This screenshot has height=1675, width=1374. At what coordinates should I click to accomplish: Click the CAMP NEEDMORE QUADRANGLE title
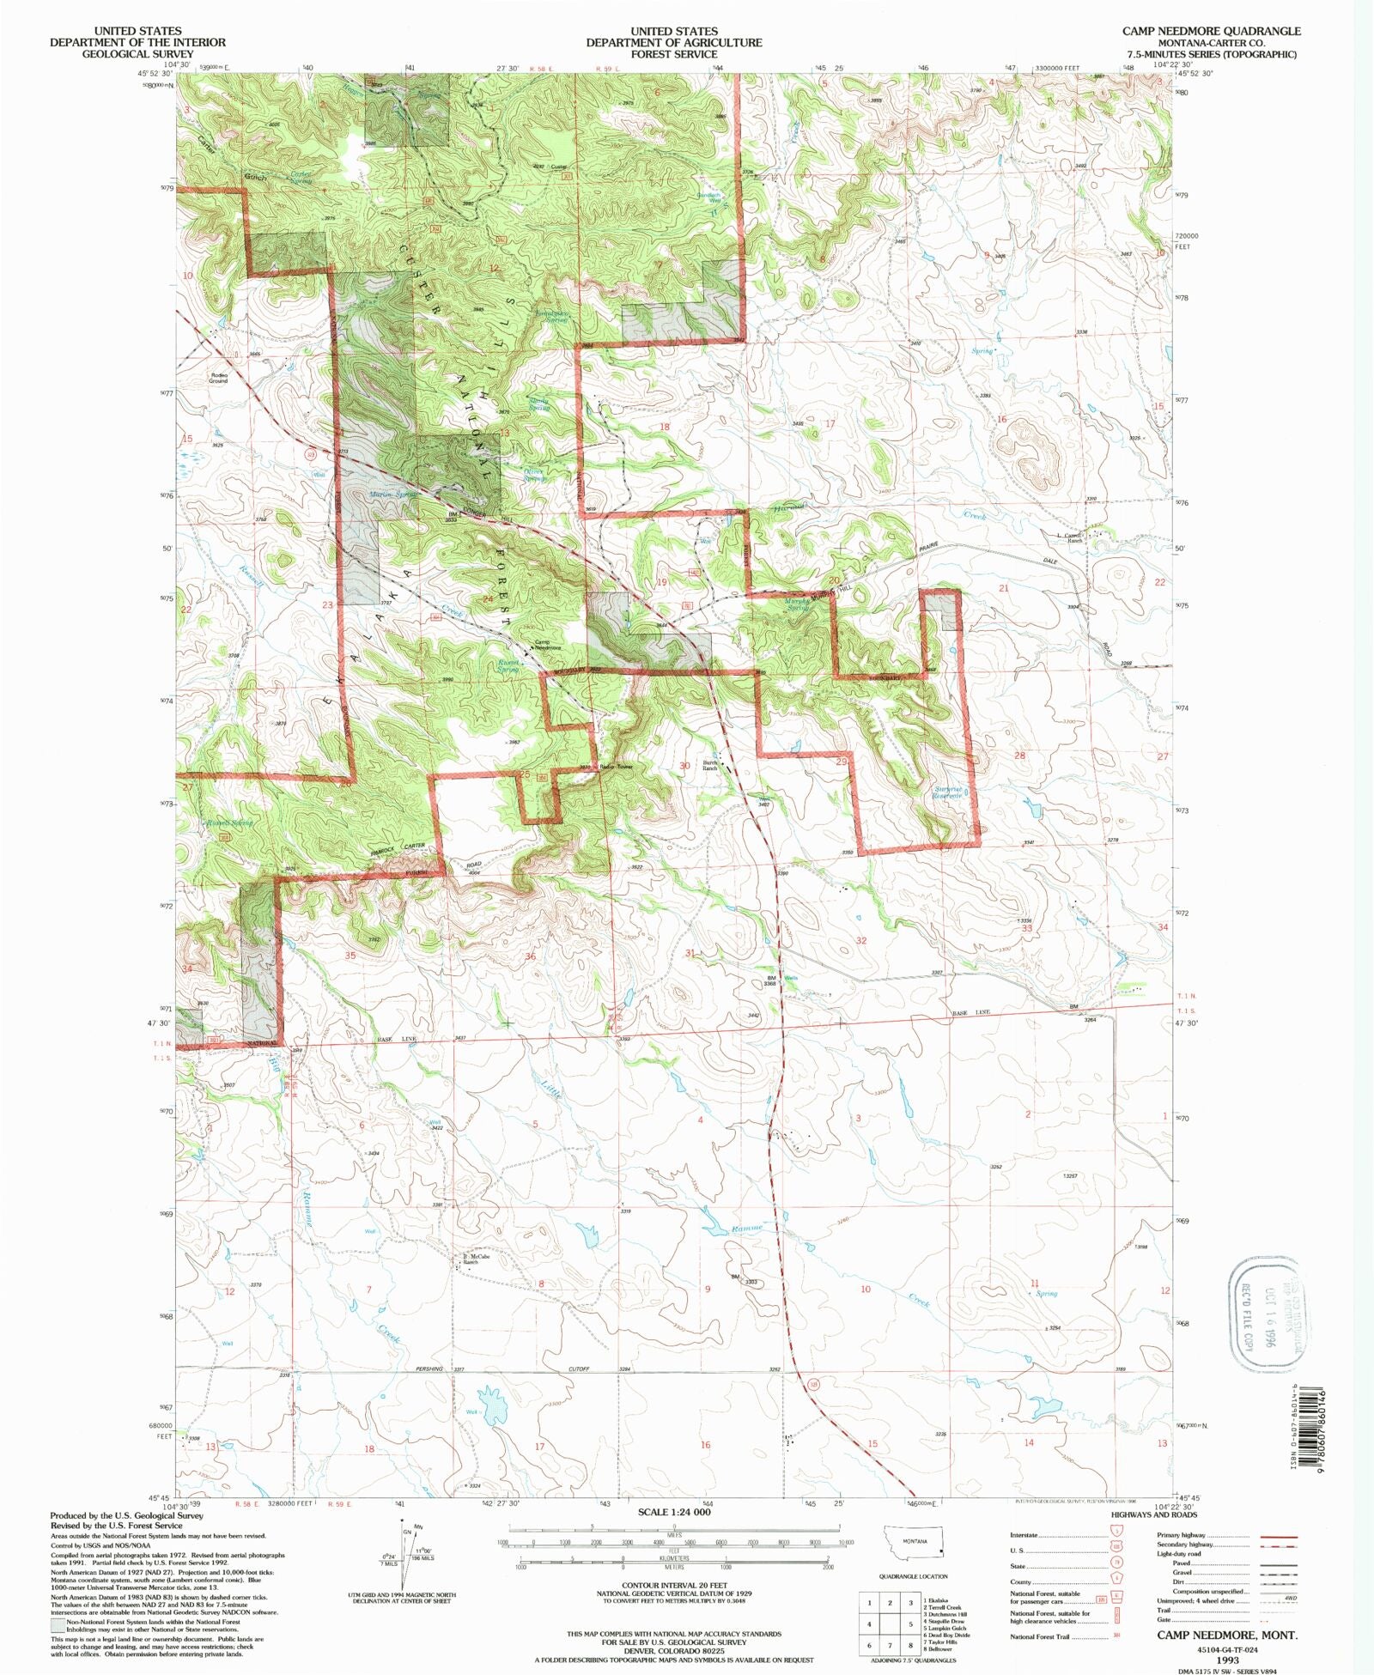1211,31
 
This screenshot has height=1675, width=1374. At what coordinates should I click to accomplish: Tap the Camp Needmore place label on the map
547,645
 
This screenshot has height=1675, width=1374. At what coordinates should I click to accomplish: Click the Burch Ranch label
709,765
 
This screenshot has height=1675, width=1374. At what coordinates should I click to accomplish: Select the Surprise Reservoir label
947,792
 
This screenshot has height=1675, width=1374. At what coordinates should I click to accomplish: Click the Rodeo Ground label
218,378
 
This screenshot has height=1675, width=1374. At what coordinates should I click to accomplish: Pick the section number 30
684,766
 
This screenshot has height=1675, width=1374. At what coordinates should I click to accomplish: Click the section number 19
661,582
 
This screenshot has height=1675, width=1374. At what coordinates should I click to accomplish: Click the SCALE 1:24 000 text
673,1511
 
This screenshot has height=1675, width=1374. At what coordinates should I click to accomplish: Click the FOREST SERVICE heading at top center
673,54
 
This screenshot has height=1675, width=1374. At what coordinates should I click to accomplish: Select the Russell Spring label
228,822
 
